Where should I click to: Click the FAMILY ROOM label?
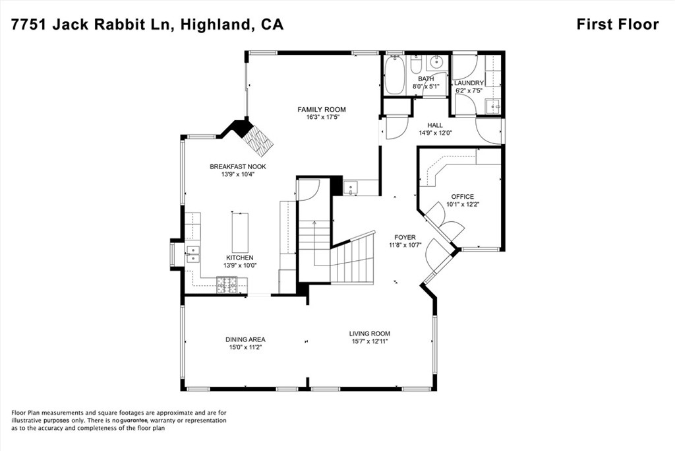[x=321, y=110]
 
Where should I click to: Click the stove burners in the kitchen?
[x=227, y=285]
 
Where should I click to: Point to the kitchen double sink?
[x=192, y=254]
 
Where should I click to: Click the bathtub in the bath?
[x=394, y=75]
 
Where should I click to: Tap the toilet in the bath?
[x=417, y=65]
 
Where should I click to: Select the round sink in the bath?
[x=436, y=63]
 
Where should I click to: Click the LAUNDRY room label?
[x=469, y=83]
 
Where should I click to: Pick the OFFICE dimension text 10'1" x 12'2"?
[x=462, y=205]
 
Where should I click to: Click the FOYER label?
[x=405, y=237]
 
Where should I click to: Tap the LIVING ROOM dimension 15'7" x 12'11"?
[x=369, y=342]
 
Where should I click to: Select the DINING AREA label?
[x=245, y=339]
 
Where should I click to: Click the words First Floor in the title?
[x=617, y=24]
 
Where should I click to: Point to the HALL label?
[x=434, y=125]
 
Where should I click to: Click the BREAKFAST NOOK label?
[x=238, y=166]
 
